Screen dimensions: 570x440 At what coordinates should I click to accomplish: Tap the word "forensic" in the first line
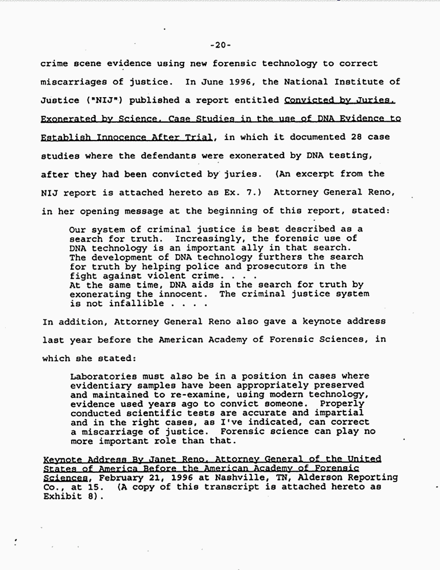(x=233, y=63)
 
